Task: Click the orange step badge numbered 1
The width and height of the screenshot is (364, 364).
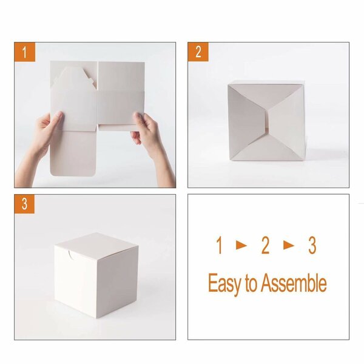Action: pyautogui.click(x=25, y=52)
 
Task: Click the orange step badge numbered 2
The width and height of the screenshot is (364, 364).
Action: pyautogui.click(x=198, y=52)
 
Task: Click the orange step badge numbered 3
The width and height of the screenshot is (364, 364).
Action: pyautogui.click(x=25, y=204)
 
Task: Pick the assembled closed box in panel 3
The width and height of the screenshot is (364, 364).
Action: pyautogui.click(x=97, y=273)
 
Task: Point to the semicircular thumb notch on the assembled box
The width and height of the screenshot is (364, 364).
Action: pyautogui.click(x=71, y=257)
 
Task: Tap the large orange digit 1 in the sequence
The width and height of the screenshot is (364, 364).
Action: pyautogui.click(x=219, y=246)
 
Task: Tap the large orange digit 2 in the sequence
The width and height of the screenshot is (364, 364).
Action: pyautogui.click(x=265, y=246)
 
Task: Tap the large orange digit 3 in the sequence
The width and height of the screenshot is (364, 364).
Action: pyautogui.click(x=312, y=246)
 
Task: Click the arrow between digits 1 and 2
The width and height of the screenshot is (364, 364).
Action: pyautogui.click(x=241, y=246)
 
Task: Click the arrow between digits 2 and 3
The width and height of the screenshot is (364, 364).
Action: pyautogui.click(x=289, y=246)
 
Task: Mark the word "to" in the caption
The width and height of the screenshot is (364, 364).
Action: pyautogui.click(x=251, y=284)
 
